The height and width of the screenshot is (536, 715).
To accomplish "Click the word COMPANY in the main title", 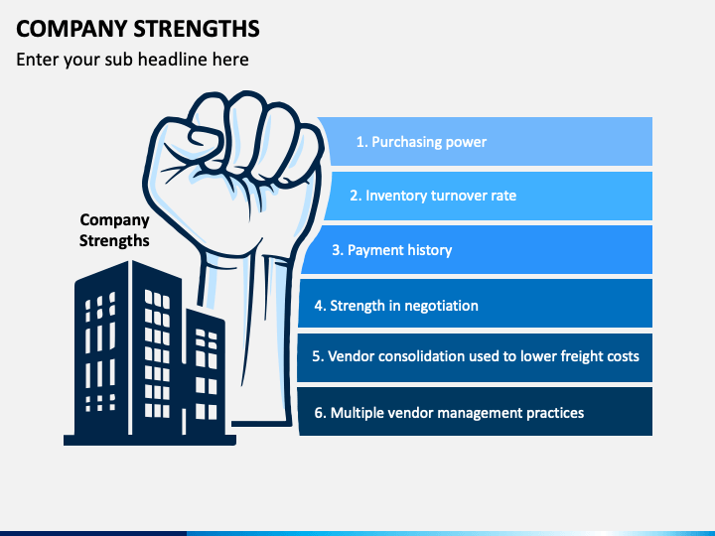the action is pyautogui.click(x=71, y=29).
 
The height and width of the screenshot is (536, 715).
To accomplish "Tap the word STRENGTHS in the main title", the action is pyautogui.click(x=197, y=29).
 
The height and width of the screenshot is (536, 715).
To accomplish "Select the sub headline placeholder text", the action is pyautogui.click(x=132, y=60).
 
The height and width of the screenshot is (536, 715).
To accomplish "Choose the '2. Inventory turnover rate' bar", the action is pyautogui.click(x=488, y=196).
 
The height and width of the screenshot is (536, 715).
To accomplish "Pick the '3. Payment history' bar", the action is pyautogui.click(x=477, y=250).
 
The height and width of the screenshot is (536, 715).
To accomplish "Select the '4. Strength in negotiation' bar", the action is pyautogui.click(x=475, y=304).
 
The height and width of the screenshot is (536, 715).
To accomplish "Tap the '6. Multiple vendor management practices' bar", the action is pyautogui.click(x=475, y=412).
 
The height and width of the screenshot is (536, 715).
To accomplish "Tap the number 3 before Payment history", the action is pyautogui.click(x=336, y=250).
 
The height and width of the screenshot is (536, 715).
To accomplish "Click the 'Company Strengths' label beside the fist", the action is pyautogui.click(x=114, y=230).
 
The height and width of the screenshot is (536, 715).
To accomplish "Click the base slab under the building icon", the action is pyautogui.click(x=150, y=440).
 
